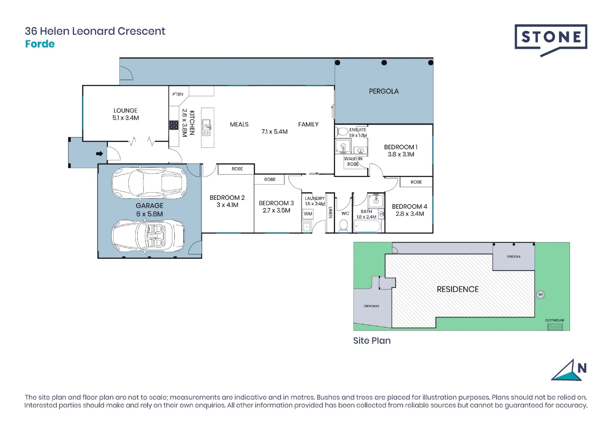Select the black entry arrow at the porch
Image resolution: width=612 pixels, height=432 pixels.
tap(99, 153)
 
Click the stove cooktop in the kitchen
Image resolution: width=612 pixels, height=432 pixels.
tap(174, 125)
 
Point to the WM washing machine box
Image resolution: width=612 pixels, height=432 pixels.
tap(308, 214)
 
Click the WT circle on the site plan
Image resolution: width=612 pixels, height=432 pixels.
tap(541, 294)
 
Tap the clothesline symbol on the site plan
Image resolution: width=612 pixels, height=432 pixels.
tap(555, 327)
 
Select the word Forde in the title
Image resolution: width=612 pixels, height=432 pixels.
tap(40, 44)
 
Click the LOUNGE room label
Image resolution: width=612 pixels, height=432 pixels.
tap(125, 110)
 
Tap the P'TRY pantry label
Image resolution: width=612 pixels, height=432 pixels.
tap(178, 94)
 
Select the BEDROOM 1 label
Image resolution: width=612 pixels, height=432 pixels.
tap(401, 147)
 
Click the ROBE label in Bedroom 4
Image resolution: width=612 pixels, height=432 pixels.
tap(416, 182)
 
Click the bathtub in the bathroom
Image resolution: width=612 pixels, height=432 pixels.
tap(367, 226)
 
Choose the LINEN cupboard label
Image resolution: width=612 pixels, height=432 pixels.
tap(330, 212)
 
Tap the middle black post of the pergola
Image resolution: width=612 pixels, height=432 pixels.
tap(384, 63)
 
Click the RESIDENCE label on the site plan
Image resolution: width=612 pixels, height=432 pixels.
tap(457, 289)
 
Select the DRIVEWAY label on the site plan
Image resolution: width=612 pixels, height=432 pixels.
tap(371, 306)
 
